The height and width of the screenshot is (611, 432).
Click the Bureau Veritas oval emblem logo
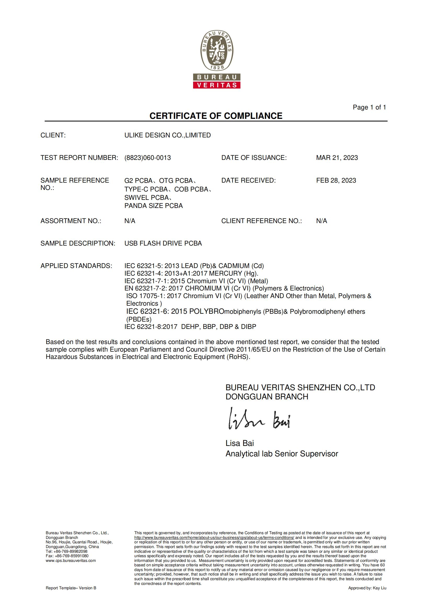217,51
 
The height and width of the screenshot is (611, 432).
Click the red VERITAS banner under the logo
217,85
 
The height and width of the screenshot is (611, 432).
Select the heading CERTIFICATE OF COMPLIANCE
216,116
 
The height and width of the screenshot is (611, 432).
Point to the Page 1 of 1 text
369,107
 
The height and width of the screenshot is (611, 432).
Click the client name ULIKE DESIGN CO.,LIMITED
168,135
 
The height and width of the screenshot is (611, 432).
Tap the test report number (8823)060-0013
147,158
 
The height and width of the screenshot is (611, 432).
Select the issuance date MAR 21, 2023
337,158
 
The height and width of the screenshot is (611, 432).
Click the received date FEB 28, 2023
336,181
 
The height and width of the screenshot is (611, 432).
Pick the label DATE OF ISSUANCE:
254,158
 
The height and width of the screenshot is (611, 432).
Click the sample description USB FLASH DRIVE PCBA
163,243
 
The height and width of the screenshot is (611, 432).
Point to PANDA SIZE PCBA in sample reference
154,206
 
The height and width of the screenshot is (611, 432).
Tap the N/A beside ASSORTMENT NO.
130,221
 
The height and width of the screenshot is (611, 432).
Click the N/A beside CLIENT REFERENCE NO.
321,221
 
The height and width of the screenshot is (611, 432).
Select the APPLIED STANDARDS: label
76,266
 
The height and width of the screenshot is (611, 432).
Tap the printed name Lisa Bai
240,443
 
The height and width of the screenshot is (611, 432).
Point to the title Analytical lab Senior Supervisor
282,454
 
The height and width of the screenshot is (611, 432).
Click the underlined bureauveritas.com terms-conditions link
214,538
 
